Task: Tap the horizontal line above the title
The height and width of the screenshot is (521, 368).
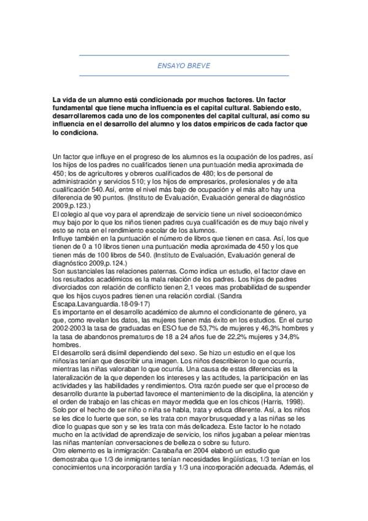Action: tap(184, 55)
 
